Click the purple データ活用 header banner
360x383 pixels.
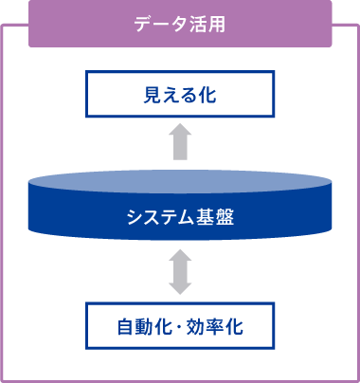click(x=180, y=24)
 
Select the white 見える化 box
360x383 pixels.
click(x=180, y=95)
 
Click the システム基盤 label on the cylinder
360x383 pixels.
click(x=180, y=217)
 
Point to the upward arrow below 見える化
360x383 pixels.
click(x=180, y=145)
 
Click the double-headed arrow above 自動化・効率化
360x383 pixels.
click(x=180, y=271)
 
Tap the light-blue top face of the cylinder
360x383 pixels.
click(x=180, y=181)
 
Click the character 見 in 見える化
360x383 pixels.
click(x=150, y=95)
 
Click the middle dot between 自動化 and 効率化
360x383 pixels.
click(x=179, y=328)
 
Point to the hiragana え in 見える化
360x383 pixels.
click(x=170, y=95)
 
